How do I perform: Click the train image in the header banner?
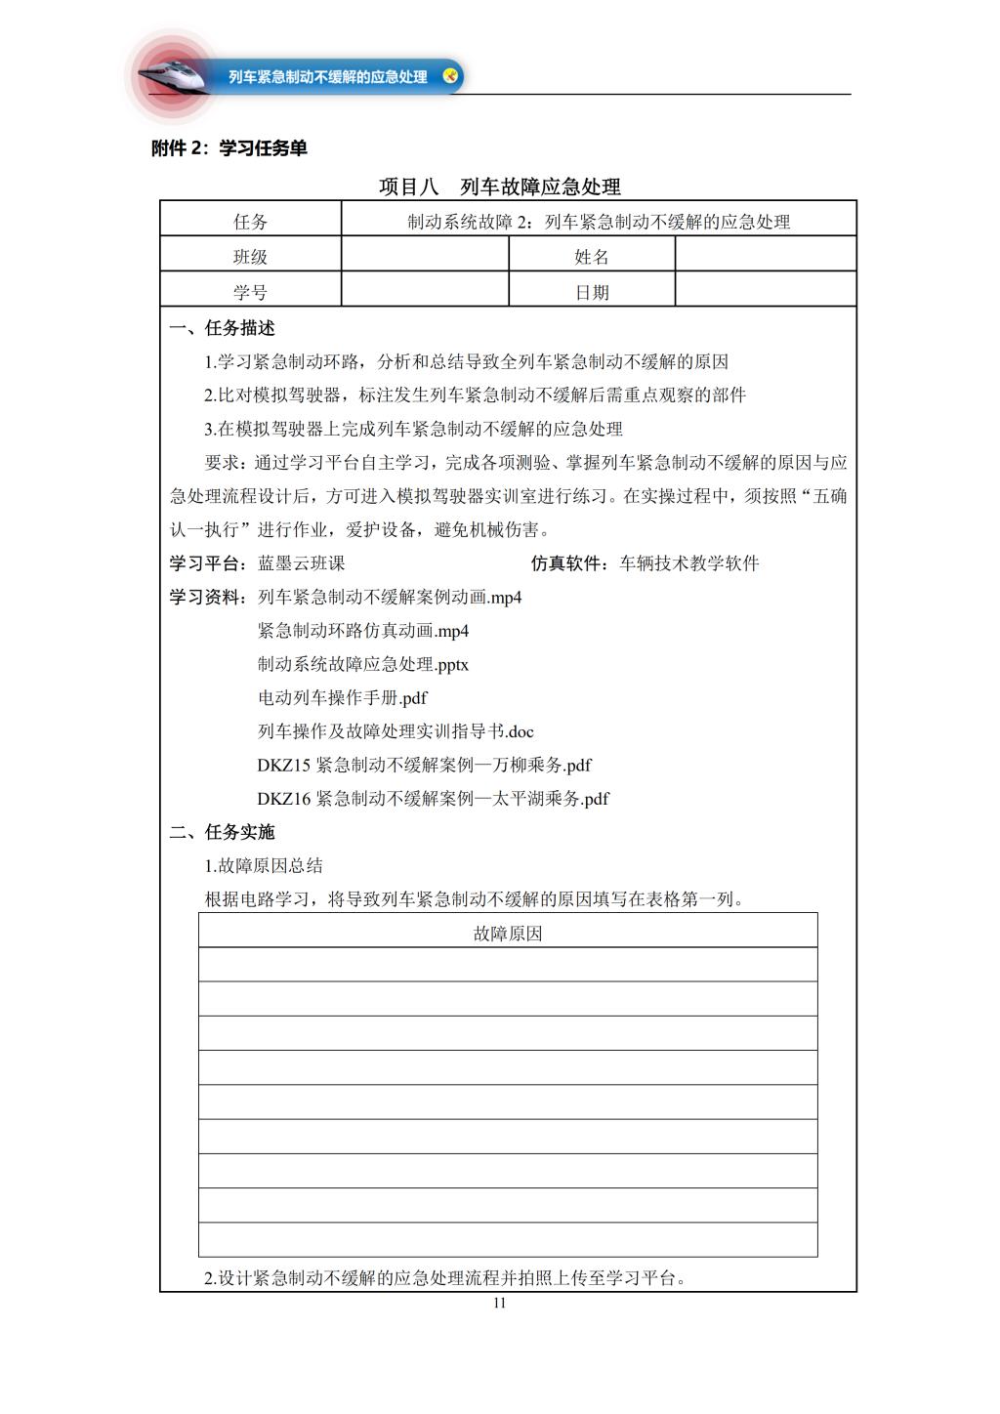(x=176, y=74)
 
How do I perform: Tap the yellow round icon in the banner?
(x=450, y=75)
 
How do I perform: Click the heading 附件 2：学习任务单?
(x=229, y=148)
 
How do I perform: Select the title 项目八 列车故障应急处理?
(x=499, y=187)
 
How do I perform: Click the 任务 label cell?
(x=251, y=222)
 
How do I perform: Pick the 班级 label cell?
(x=251, y=257)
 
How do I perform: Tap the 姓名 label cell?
(x=592, y=257)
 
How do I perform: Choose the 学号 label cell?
(x=251, y=292)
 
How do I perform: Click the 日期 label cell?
(x=592, y=292)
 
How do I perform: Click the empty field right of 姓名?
(x=766, y=257)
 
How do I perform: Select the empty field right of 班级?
(x=425, y=257)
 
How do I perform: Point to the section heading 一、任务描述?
(x=222, y=328)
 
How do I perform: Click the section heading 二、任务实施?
(x=222, y=832)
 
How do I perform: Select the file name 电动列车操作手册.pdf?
(x=343, y=698)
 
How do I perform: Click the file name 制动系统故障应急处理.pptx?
(x=363, y=664)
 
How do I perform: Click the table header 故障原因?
(x=508, y=934)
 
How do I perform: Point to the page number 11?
(x=499, y=1304)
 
